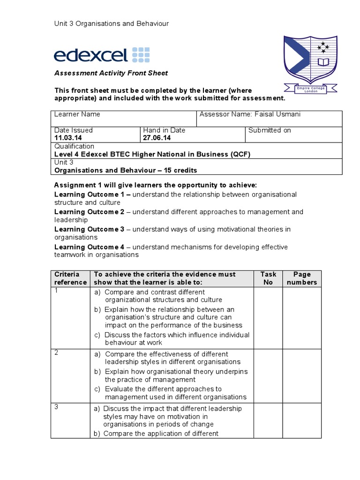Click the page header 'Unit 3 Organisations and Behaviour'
[x=112, y=23]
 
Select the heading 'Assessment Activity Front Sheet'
[x=111, y=73]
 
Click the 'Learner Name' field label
[x=77, y=114]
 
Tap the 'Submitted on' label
[x=270, y=130]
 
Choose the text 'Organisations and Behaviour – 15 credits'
[x=126, y=170]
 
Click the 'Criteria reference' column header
[x=70, y=278]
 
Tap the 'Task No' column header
[x=268, y=278]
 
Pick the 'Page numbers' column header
[x=301, y=278]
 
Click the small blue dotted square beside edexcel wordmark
[x=141, y=54]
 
